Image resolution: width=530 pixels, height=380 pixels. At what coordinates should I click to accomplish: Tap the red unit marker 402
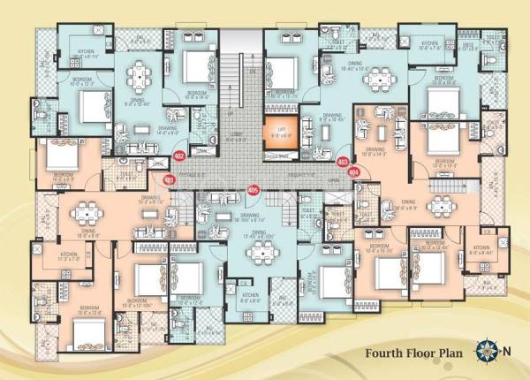pyautogui.click(x=179, y=156)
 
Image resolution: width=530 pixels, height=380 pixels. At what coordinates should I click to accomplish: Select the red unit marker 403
pyautogui.click(x=342, y=162)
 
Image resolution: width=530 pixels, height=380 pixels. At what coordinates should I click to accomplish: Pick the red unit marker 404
pyautogui.click(x=354, y=172)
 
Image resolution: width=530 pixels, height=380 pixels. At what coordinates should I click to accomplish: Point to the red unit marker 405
pyautogui.click(x=254, y=189)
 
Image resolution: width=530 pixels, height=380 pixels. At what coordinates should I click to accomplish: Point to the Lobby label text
pyautogui.click(x=237, y=135)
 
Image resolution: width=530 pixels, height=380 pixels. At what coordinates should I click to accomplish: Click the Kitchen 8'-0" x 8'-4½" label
pyautogui.click(x=481, y=248)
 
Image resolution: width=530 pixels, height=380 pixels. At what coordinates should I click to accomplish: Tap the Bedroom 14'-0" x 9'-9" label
pyautogui.click(x=61, y=176)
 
